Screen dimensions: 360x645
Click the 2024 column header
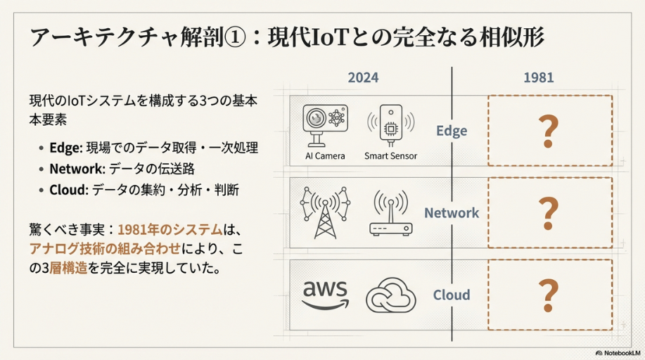[x=363, y=77]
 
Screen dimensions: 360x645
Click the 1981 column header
[x=538, y=77]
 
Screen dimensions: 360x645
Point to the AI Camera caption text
[x=325, y=155]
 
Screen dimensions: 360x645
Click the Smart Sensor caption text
[x=390, y=155]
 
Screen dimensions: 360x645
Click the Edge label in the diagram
[x=452, y=131]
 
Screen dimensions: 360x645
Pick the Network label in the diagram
[x=452, y=213]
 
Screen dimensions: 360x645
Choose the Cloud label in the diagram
[x=452, y=295]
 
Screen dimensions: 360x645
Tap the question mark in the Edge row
[x=547, y=131]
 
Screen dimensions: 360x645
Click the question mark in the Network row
[x=547, y=213]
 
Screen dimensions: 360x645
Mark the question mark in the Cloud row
[x=547, y=295]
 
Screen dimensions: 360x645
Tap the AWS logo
[x=326, y=295]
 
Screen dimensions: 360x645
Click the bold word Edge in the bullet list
[x=65, y=148]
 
